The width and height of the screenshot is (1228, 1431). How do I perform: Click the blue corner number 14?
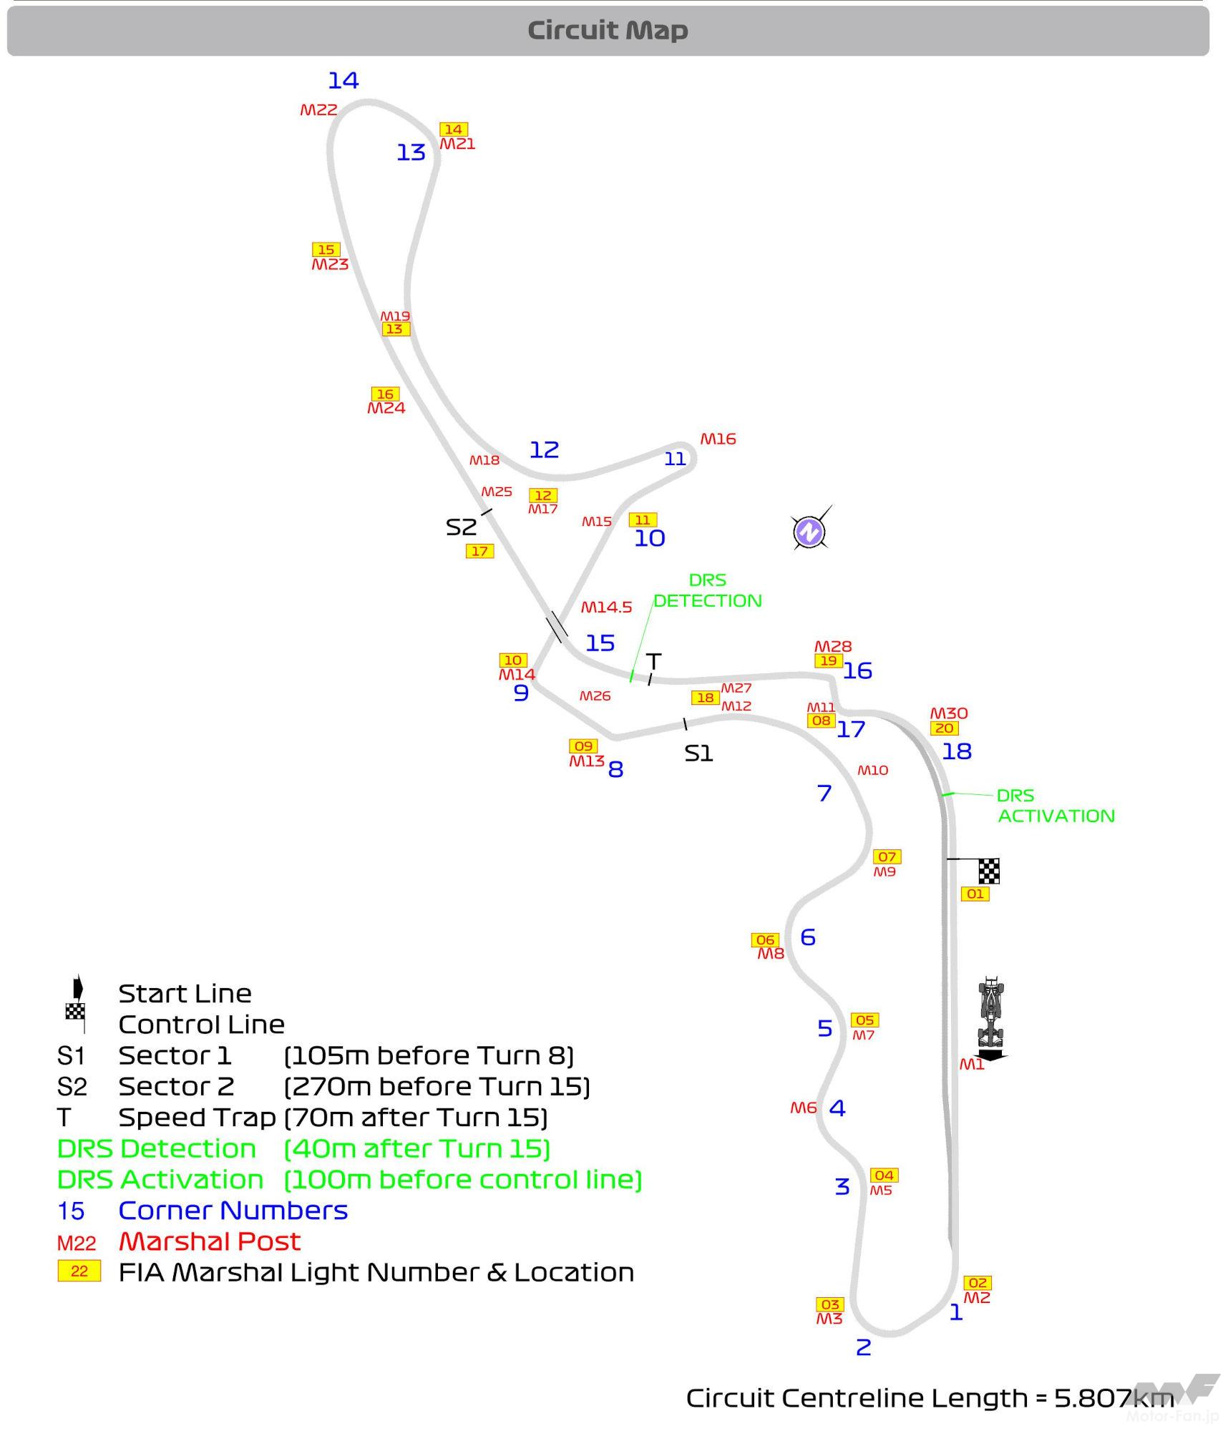(343, 80)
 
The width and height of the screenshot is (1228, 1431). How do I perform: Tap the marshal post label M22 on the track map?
(318, 109)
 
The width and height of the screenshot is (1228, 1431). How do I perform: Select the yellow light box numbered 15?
(326, 250)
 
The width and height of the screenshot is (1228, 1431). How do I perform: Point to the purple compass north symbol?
(810, 531)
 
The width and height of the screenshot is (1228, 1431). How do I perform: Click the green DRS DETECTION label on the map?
(708, 590)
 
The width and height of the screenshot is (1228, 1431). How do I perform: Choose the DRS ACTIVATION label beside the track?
(1056, 806)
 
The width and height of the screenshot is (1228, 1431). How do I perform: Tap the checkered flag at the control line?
(989, 871)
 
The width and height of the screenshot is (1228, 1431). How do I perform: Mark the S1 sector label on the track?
(698, 753)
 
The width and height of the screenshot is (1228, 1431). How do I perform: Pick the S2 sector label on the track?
(461, 527)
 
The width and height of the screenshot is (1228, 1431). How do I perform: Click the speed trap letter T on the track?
(653, 661)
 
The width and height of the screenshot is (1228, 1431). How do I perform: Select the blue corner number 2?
(864, 1347)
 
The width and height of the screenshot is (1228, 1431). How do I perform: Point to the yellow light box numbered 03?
(830, 1304)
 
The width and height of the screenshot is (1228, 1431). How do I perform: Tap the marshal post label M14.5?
(606, 607)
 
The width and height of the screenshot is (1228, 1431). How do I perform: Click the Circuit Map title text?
(608, 30)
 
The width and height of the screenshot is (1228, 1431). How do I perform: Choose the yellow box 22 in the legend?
(79, 1271)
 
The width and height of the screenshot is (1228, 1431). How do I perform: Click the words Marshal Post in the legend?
(210, 1241)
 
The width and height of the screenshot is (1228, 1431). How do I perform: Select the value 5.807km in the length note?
(1114, 1397)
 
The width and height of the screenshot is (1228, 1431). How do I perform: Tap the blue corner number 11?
(675, 459)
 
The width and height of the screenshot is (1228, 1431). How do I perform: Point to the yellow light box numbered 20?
(945, 728)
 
